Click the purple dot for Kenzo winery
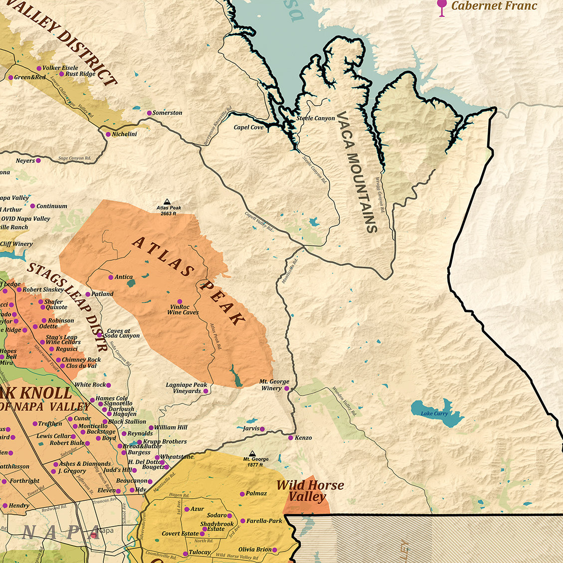[x=291, y=437]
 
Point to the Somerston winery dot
[x=149, y=113]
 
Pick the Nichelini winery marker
[x=108, y=134]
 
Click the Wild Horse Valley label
[x=310, y=491]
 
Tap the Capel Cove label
[x=248, y=127]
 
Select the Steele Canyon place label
[x=316, y=118]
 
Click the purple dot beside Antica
[x=111, y=277]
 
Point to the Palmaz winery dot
[x=242, y=494]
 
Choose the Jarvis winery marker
[x=262, y=428]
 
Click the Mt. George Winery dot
[x=287, y=388]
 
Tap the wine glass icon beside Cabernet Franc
[x=441, y=7]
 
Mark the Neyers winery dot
[x=38, y=161]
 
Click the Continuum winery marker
[x=32, y=206]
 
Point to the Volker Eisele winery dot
[x=39, y=68]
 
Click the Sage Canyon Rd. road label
[x=74, y=159]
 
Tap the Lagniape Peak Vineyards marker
[x=205, y=391]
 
